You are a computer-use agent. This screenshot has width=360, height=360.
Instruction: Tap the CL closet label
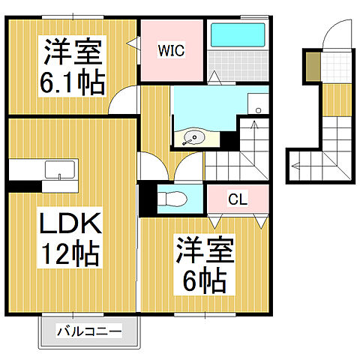pos(238,199)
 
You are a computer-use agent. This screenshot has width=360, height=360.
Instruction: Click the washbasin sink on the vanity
pos(194,137)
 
